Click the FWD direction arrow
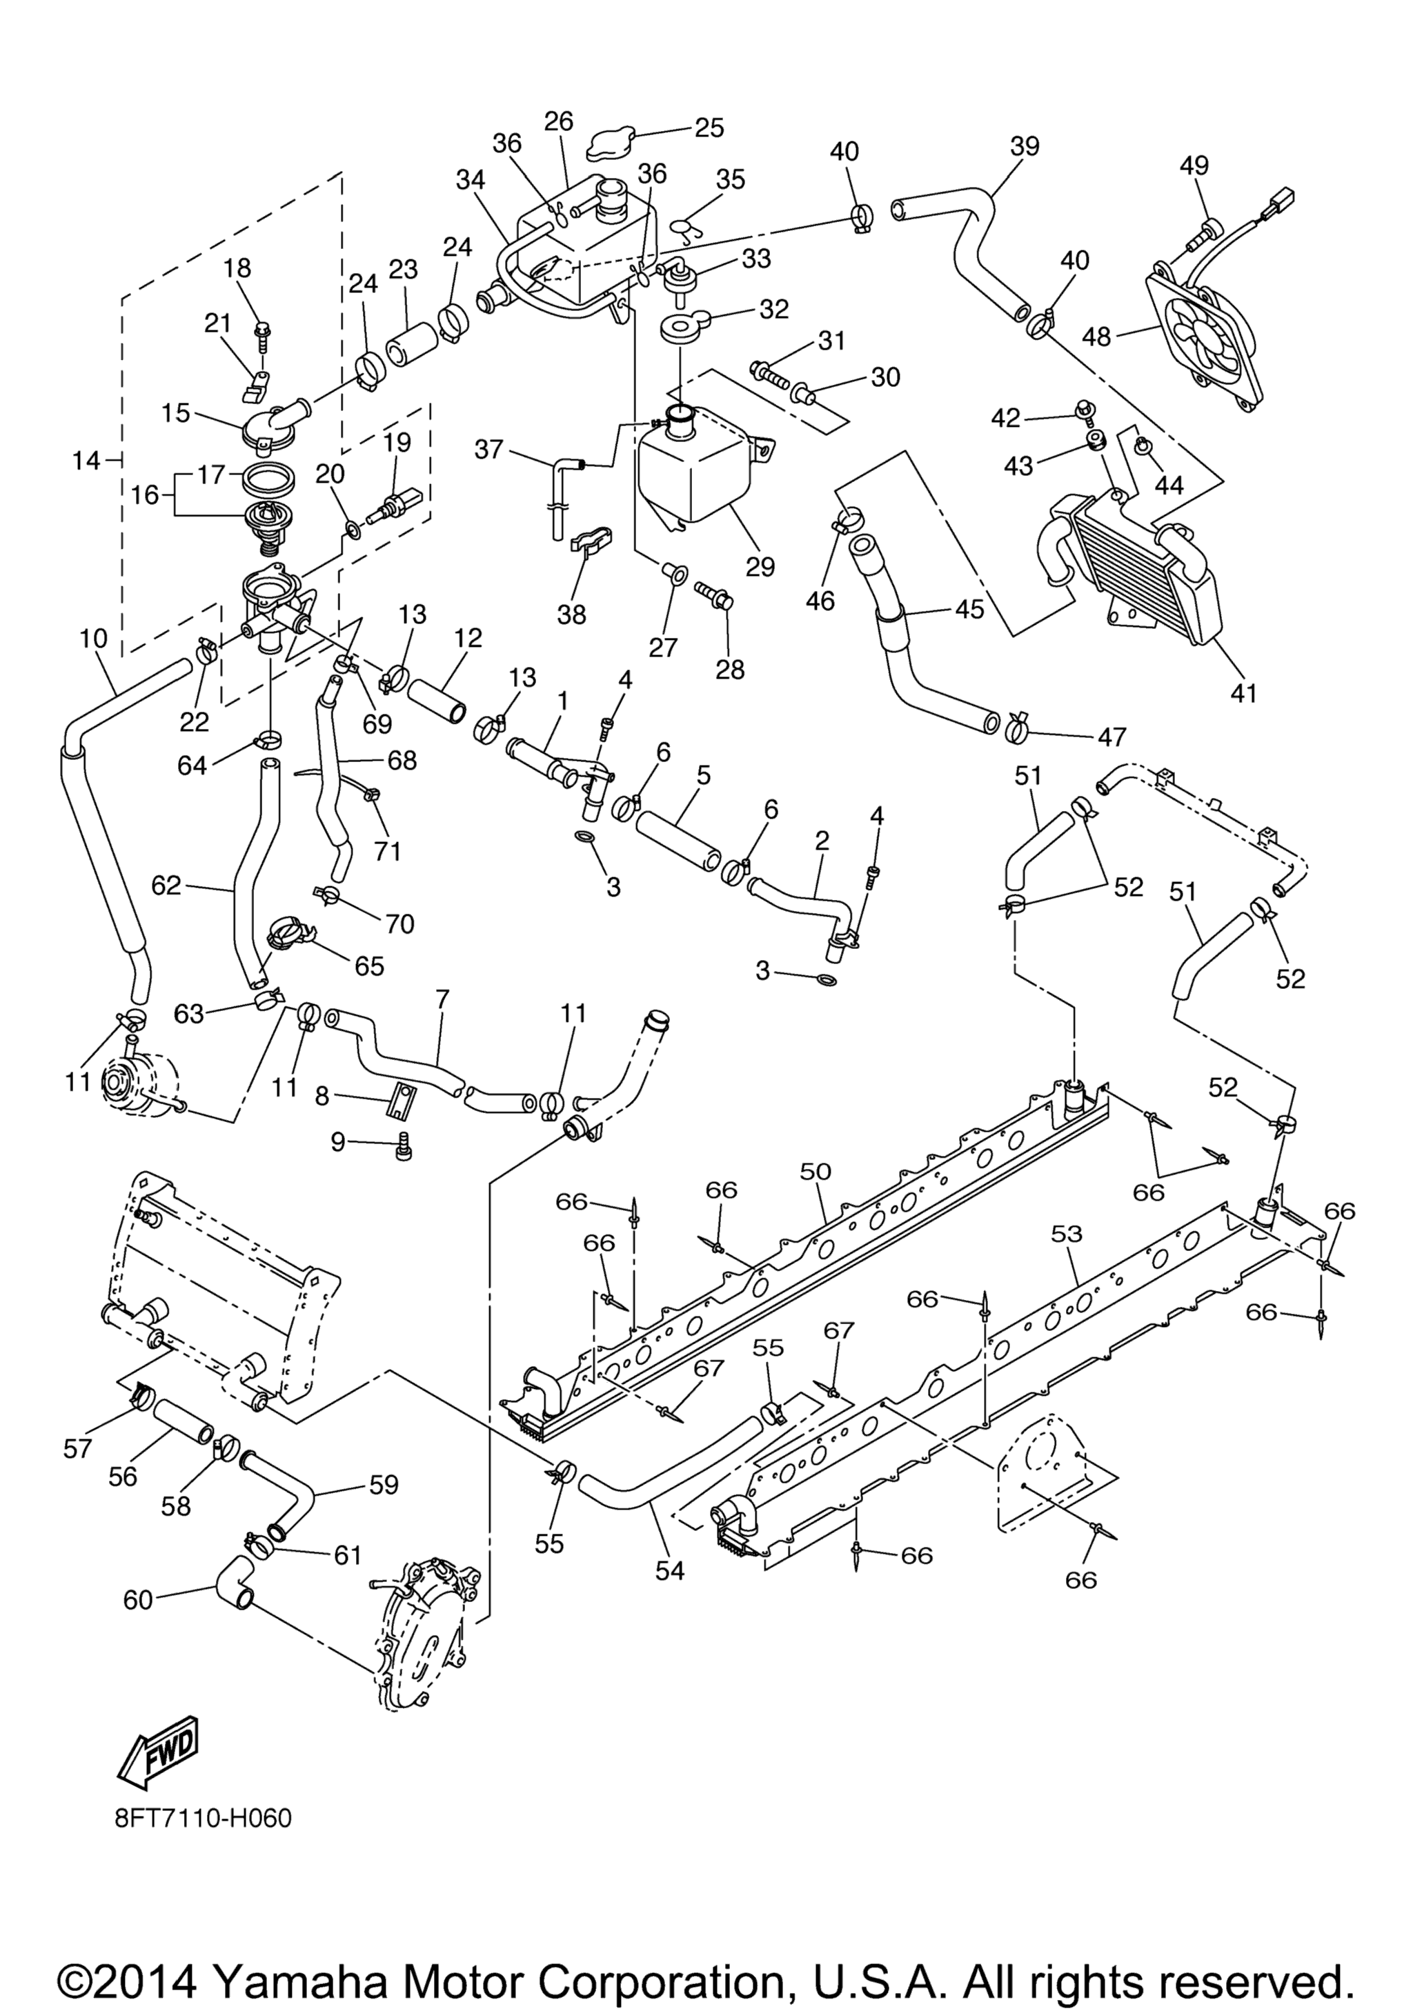pos(159,1751)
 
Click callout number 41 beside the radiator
pos(1244,693)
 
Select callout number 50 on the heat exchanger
pos(816,1171)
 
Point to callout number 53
pos(1067,1234)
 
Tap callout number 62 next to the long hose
pos(166,886)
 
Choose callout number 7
pos(442,998)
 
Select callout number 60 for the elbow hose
pos(139,1600)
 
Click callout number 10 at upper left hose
pos(93,639)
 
